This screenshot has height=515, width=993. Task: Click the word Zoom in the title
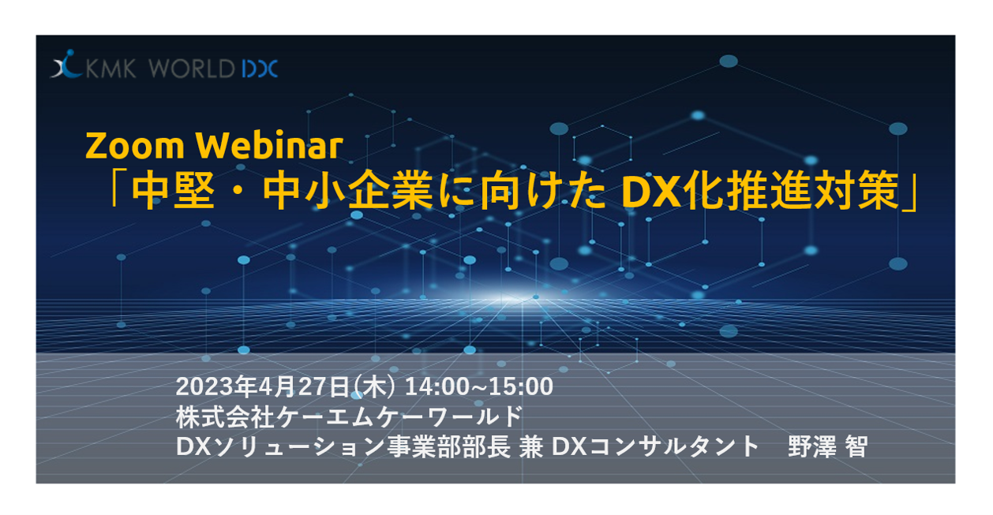point(135,145)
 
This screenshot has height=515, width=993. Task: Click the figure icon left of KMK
point(66,64)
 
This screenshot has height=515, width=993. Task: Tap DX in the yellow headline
point(650,192)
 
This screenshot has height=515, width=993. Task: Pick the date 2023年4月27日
point(262,386)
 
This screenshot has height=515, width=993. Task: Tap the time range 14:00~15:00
point(479,386)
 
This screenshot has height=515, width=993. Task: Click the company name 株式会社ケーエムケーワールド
point(350,416)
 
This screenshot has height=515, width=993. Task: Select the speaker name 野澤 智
point(828,447)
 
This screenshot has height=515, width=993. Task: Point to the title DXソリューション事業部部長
point(343,447)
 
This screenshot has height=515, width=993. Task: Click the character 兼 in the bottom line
point(531,447)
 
